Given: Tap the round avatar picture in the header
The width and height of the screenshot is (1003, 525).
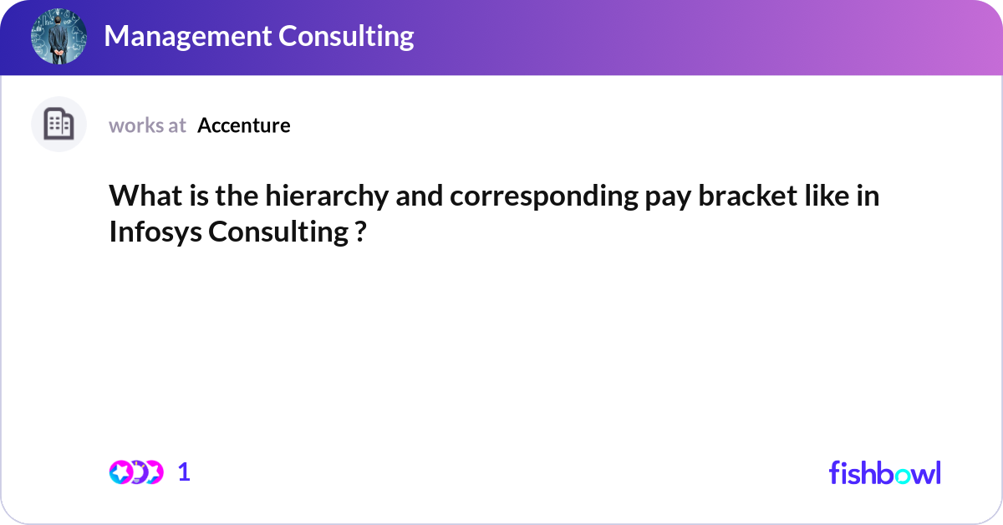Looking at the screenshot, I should click(x=59, y=36).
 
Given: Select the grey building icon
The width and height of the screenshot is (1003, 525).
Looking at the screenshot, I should click(x=59, y=125).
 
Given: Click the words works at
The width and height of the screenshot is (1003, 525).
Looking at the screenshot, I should click(x=147, y=125).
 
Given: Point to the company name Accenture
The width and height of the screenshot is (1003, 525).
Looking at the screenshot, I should click(x=244, y=125).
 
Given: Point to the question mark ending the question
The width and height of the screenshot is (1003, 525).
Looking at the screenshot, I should click(x=359, y=232).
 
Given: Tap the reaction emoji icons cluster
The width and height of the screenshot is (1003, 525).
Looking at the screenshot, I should click(x=136, y=472).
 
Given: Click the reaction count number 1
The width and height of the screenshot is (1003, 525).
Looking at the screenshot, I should click(x=184, y=472).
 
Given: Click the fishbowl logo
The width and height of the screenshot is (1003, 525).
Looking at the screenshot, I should click(x=884, y=472).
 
